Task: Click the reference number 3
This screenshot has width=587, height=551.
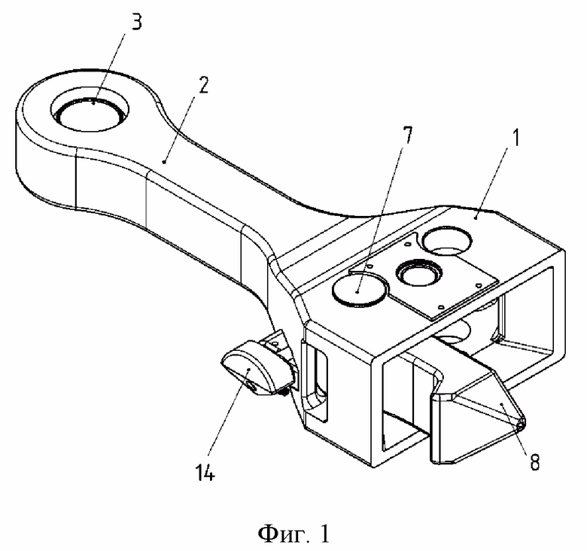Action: (x=136, y=22)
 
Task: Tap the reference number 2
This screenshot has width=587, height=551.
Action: (x=203, y=85)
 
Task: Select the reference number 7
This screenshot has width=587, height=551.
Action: (x=407, y=135)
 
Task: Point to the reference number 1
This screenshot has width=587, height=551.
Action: (x=516, y=138)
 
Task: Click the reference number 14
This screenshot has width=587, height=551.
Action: (x=205, y=473)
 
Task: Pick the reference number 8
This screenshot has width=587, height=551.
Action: (x=535, y=462)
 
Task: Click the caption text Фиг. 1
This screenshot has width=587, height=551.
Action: (x=293, y=533)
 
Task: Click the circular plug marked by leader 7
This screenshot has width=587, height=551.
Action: (x=360, y=291)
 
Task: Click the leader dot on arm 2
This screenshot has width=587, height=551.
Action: (x=163, y=162)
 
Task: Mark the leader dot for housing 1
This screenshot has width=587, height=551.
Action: (x=476, y=217)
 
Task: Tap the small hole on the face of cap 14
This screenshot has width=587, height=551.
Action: (x=251, y=386)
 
